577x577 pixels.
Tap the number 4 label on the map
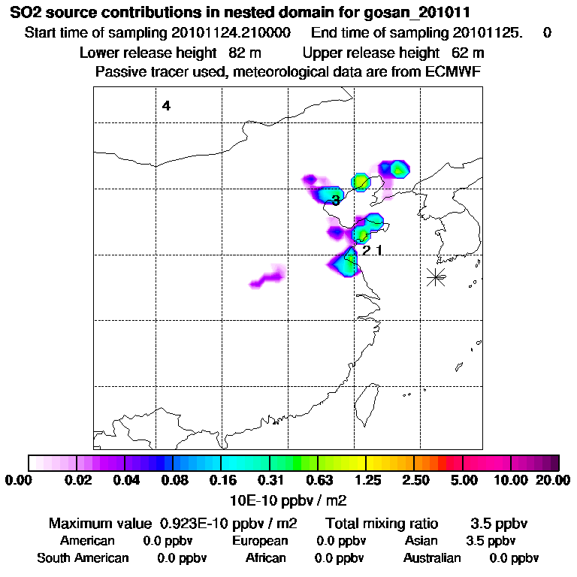click(x=166, y=106)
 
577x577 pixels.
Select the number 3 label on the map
click(x=335, y=200)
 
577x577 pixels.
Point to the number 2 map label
click(x=366, y=250)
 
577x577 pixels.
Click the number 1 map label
click(x=379, y=250)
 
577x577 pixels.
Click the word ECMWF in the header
click(x=453, y=71)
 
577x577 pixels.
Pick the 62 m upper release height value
click(x=467, y=53)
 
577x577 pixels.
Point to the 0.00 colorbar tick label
click(x=17, y=480)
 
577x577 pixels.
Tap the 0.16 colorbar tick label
click(x=221, y=480)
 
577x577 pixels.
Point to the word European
click(x=260, y=541)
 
